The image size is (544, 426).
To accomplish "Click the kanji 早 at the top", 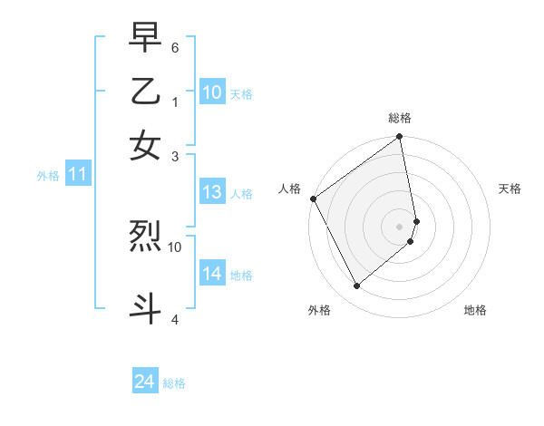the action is click(145, 40).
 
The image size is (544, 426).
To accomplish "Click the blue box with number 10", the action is click(212, 92).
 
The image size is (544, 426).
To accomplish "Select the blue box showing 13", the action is click(212, 192).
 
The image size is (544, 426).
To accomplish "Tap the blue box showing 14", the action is click(212, 274).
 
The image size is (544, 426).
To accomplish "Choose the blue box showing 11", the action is click(77, 175).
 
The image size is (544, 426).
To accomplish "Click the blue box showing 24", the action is click(145, 382).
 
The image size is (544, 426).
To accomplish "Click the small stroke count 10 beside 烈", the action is click(175, 246).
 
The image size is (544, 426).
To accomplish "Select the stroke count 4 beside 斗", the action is click(175, 318).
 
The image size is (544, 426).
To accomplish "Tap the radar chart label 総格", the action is click(400, 118).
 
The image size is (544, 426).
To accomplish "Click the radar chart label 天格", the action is click(510, 189).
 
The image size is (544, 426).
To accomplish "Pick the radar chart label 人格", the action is click(289, 189).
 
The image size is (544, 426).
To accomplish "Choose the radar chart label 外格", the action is click(319, 310).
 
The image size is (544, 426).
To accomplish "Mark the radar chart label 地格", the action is click(475, 310).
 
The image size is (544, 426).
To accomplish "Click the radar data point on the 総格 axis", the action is click(400, 138).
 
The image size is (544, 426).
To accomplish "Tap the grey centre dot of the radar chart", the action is click(400, 226).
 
